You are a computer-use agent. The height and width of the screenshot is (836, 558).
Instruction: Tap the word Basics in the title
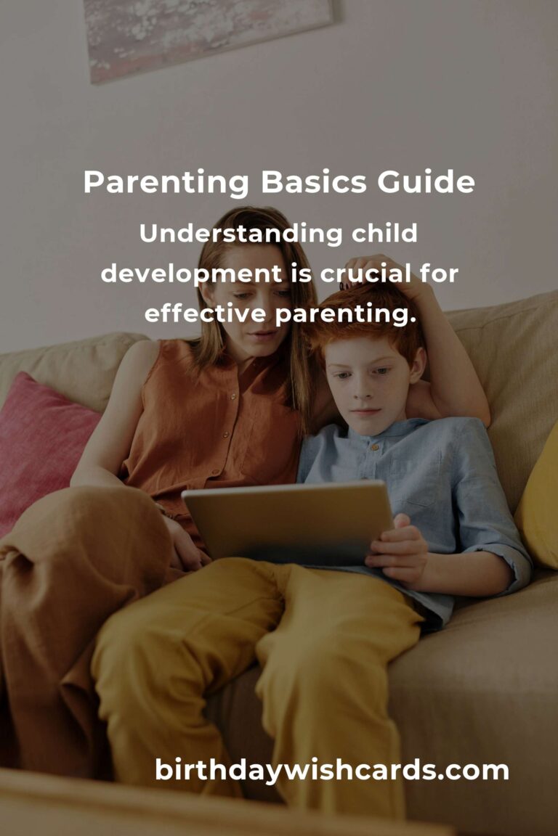[x=313, y=182]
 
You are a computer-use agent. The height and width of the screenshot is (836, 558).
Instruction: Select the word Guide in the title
[x=426, y=182]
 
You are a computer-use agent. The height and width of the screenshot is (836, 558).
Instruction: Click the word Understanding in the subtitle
[x=240, y=234]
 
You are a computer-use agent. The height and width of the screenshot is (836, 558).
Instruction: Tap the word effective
[x=205, y=313]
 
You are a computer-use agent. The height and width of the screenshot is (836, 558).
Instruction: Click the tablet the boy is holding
[x=288, y=522]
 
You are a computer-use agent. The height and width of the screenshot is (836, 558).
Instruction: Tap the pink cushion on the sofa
[x=43, y=448]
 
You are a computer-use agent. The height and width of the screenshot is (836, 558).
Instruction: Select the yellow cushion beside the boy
[x=539, y=501]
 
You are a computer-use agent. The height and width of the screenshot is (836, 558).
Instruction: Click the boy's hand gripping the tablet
[x=398, y=550]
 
